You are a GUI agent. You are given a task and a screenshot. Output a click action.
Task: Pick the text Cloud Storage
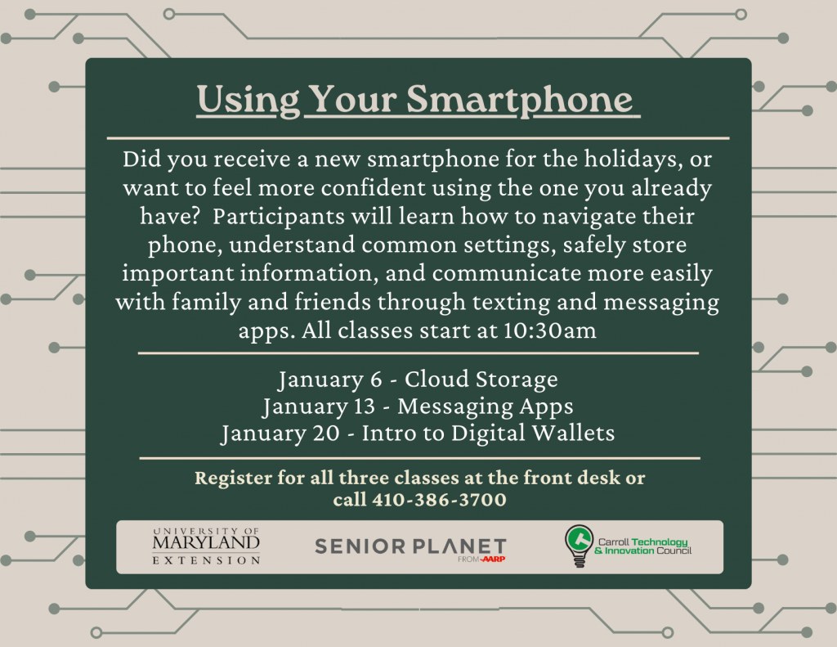click(481, 380)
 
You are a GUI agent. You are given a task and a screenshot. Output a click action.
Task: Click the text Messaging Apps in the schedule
click(485, 407)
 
